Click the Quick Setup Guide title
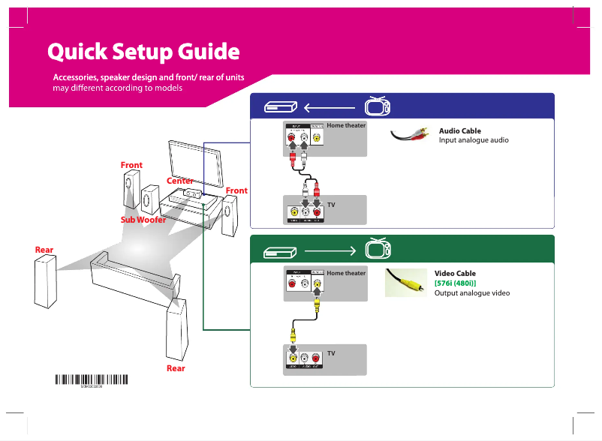[143, 52]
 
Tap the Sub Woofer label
[143, 220]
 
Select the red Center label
[180, 181]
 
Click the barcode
[92, 380]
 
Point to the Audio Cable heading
[459, 131]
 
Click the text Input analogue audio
[474, 140]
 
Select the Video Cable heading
[455, 274]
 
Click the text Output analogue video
[472, 292]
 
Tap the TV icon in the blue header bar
[377, 106]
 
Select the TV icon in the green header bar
[377, 248]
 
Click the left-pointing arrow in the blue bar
[329, 106]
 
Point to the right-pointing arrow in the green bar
[329, 249]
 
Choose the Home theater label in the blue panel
[346, 125]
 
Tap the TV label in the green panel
[330, 352]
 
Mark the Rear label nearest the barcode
[176, 368]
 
